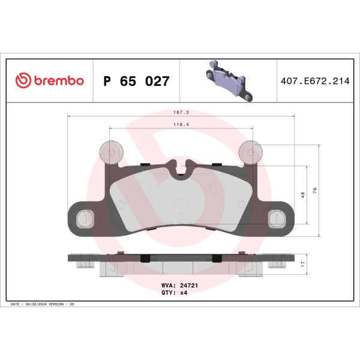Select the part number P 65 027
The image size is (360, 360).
[137, 81]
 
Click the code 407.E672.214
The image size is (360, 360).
[314, 81]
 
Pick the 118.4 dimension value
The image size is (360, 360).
[181, 125]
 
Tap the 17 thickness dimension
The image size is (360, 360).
[303, 263]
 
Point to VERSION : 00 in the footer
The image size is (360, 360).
[64, 305]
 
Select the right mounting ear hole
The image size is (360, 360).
[277, 218]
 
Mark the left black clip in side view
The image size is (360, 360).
[145, 259]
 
